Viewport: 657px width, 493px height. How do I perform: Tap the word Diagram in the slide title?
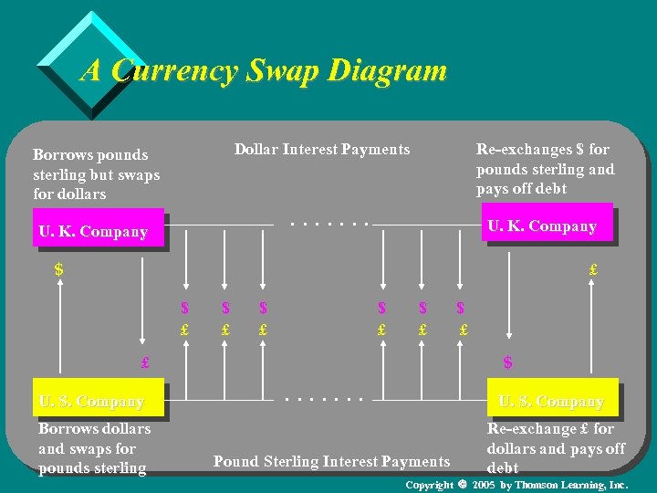387,70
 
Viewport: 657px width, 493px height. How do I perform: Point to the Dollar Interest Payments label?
322,149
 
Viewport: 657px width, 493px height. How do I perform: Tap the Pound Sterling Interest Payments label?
331,462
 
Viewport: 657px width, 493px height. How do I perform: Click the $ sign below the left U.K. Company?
59,270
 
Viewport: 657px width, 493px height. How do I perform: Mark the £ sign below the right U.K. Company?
593,270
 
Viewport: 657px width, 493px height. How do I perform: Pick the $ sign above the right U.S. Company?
507,362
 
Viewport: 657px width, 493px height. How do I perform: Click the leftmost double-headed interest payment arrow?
184,260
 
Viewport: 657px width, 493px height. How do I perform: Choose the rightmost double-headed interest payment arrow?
462,260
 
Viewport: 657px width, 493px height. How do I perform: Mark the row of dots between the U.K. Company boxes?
328,223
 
